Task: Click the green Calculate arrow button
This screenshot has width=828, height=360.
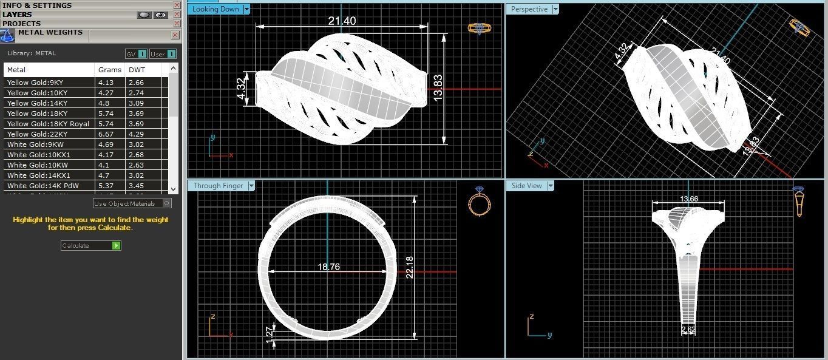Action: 117,246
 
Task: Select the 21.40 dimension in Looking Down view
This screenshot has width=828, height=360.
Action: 342,21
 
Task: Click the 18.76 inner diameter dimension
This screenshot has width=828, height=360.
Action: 328,267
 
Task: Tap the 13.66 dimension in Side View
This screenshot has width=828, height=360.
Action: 689,199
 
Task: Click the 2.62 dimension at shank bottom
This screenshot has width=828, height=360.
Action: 688,330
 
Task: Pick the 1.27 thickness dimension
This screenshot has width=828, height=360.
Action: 270,335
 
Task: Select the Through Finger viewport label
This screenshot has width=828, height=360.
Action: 218,186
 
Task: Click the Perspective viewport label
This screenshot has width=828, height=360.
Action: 529,9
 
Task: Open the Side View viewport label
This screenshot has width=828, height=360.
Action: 526,186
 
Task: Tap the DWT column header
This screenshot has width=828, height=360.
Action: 137,70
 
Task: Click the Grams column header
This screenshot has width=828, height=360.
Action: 110,70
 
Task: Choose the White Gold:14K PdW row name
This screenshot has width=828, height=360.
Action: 42,186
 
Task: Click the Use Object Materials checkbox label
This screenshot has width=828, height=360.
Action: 124,203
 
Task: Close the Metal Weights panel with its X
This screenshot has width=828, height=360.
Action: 175,35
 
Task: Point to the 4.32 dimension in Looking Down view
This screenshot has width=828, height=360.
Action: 240,89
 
